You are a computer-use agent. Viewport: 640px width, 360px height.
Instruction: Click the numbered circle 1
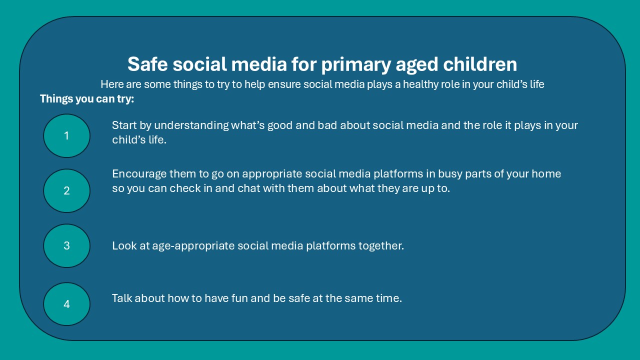(x=66, y=135)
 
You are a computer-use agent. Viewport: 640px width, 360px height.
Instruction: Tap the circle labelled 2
(x=66, y=190)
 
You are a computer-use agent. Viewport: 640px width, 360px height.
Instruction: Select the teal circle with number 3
(x=66, y=245)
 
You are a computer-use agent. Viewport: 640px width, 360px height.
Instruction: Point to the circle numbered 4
(x=66, y=304)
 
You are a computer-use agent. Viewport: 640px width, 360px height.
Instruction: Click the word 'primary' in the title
(x=356, y=65)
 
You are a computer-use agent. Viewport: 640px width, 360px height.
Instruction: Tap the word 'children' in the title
(x=480, y=64)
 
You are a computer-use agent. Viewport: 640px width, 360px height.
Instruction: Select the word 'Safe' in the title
(x=147, y=63)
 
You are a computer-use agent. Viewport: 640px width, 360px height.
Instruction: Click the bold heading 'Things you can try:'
(x=87, y=99)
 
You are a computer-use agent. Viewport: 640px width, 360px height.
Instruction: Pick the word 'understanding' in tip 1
(x=191, y=125)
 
